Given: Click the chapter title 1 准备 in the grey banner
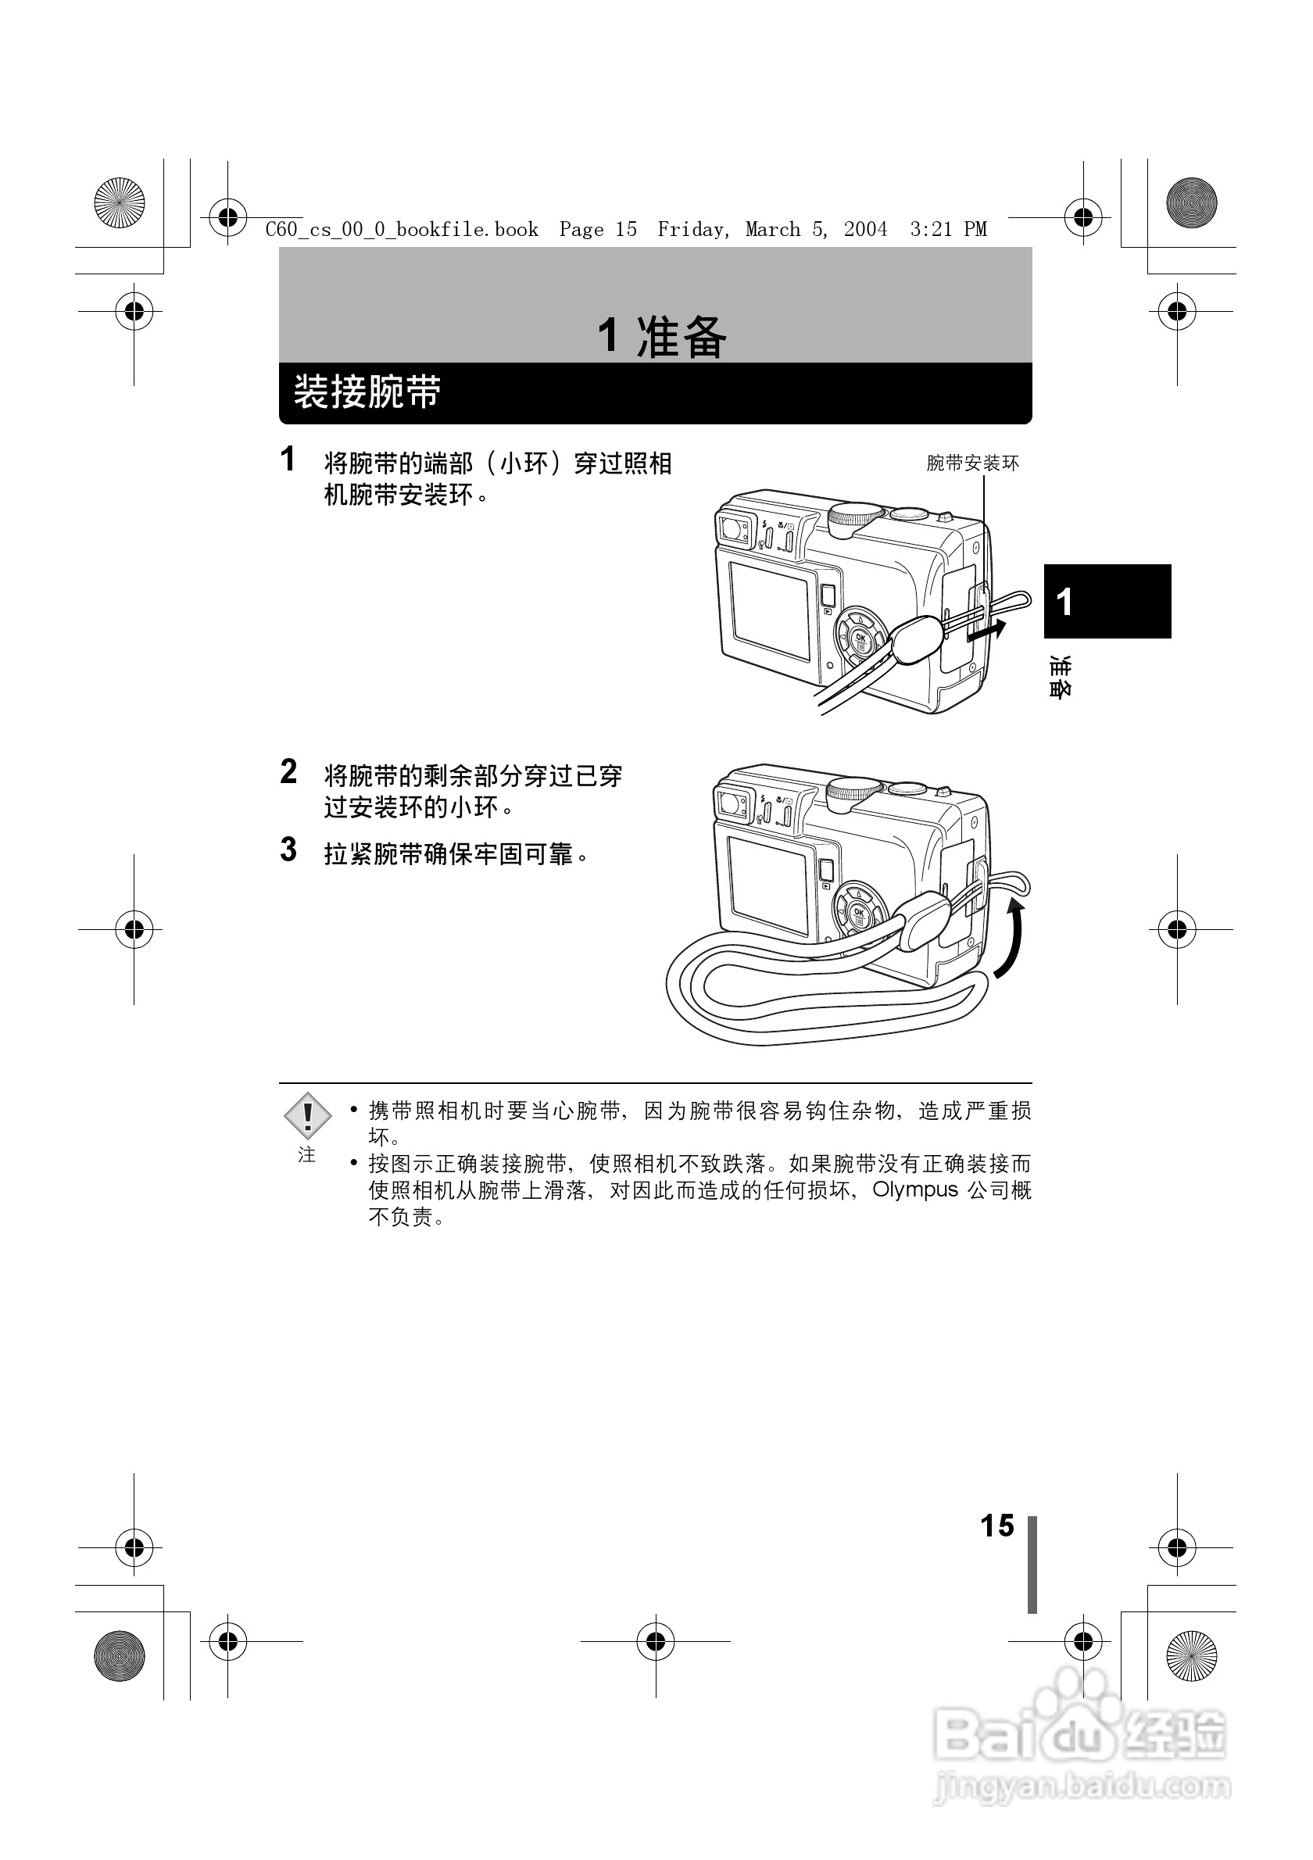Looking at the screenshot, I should (x=662, y=336).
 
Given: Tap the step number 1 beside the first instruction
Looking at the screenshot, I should (x=288, y=460).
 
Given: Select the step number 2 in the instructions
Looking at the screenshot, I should (x=288, y=772).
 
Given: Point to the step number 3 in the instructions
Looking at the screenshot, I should (x=288, y=850).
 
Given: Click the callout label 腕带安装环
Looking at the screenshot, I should (x=972, y=463).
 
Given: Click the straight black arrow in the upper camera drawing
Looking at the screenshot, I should (x=987, y=631).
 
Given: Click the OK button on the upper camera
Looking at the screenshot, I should (x=860, y=638).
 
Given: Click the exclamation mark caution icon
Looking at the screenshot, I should (x=307, y=1115).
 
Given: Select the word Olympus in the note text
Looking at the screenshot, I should (x=914, y=1190).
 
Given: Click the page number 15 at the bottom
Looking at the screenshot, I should (x=996, y=1526).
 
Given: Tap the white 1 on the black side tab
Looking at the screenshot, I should (x=1064, y=602).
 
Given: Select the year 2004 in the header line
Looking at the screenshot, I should (x=865, y=229).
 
